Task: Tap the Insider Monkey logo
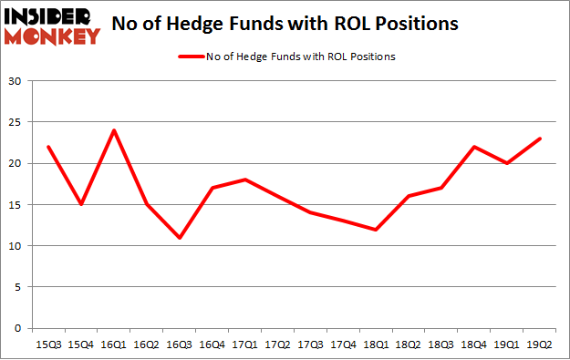pos(53,26)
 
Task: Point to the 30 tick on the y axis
pos(16,82)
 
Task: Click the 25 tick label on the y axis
pos(16,123)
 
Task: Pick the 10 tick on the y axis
pos(16,246)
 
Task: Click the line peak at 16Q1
pos(114,130)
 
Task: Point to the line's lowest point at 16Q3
pos(181,238)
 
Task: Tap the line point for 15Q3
pos(47,147)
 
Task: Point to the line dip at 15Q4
pos(81,204)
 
